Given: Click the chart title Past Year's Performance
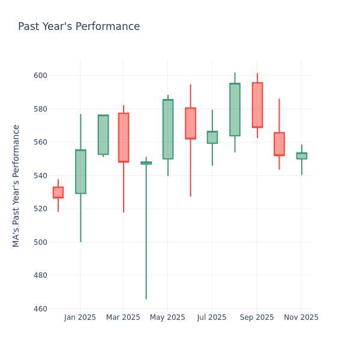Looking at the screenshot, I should click(79, 27).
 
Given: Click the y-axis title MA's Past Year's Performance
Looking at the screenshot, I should click(16, 185).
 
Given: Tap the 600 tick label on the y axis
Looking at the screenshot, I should click(41, 76).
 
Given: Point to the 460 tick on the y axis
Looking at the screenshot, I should click(41, 309).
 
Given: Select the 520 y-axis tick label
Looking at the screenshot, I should click(41, 209).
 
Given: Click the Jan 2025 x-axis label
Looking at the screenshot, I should click(80, 317).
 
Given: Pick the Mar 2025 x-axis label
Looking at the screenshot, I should click(123, 317).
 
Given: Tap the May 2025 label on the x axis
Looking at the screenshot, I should click(167, 317).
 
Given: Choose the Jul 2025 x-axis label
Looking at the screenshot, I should click(212, 317).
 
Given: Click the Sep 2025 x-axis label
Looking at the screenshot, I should click(257, 317).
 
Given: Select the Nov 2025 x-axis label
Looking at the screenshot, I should click(301, 317).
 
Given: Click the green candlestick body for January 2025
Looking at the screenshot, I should click(80, 172).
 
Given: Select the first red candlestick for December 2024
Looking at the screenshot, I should click(58, 193).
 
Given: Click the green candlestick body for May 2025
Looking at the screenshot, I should click(168, 129).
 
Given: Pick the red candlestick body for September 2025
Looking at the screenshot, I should click(257, 105).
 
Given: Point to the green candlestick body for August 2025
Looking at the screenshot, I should click(235, 110).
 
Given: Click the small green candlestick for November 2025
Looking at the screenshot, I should click(302, 156).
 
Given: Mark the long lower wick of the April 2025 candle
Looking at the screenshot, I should click(146, 234).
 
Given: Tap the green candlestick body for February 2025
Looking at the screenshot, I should click(103, 135).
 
